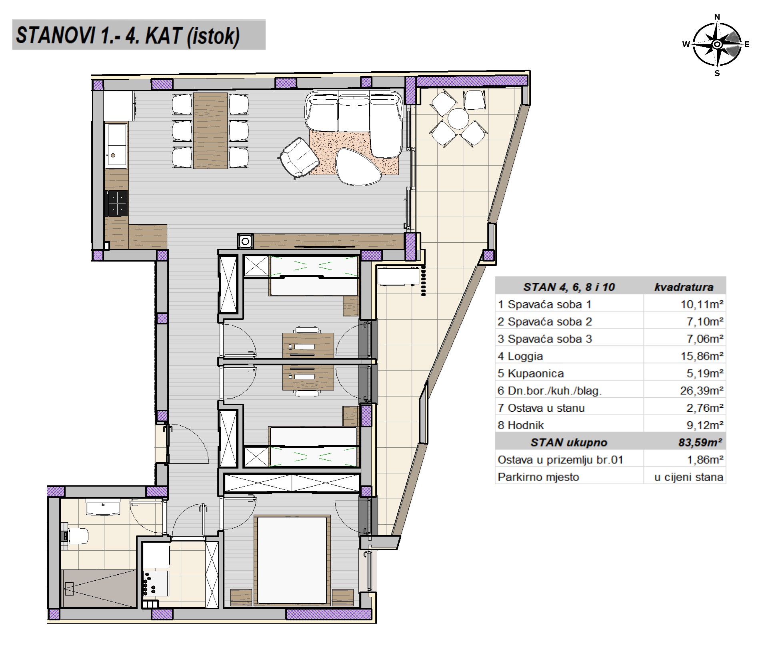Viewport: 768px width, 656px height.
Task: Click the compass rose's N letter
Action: click(x=717, y=17)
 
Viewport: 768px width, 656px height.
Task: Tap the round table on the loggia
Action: click(x=458, y=119)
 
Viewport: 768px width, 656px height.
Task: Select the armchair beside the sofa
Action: click(x=300, y=158)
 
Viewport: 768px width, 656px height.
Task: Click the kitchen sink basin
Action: click(x=116, y=145)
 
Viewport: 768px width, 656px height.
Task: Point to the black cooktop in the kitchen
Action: click(x=116, y=203)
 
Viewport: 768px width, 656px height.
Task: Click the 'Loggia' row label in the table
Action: click(x=520, y=356)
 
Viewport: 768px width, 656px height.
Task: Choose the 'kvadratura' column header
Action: click(x=684, y=287)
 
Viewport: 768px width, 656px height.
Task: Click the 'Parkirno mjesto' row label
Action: click(x=538, y=477)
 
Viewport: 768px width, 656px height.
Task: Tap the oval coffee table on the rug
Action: click(x=358, y=167)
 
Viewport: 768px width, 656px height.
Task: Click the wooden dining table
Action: click(x=210, y=131)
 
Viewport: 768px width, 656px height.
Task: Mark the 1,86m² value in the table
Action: click(x=705, y=460)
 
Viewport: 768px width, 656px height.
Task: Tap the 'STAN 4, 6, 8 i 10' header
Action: click(x=569, y=287)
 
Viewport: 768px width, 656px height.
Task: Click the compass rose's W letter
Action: click(x=686, y=44)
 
